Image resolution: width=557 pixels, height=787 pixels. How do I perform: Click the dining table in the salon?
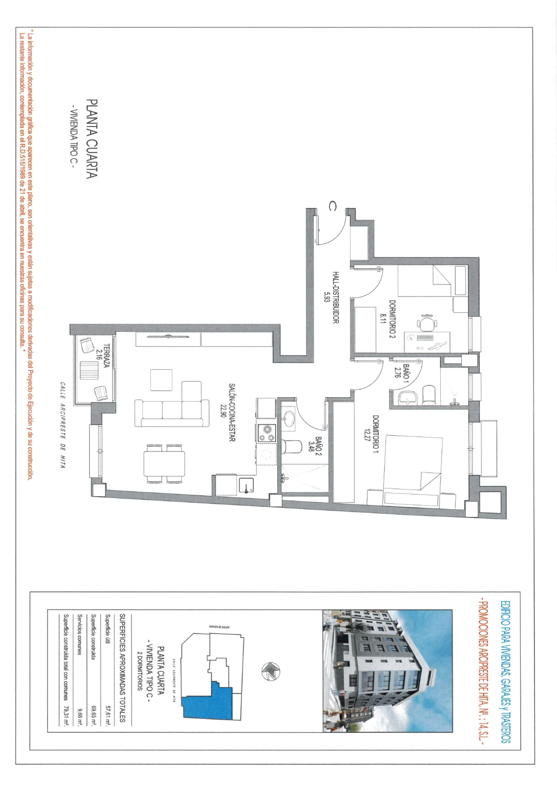(164, 464)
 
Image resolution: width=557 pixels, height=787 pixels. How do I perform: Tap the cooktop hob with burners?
(266, 432)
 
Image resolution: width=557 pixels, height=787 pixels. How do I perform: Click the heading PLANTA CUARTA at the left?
(93, 139)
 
